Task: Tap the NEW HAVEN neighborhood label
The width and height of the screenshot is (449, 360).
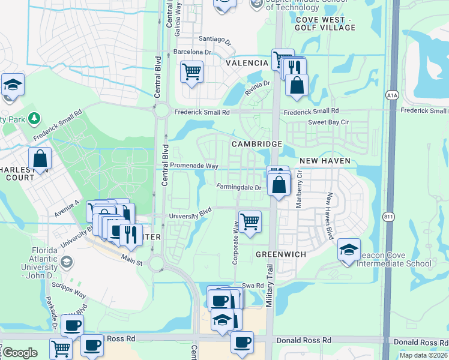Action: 324,161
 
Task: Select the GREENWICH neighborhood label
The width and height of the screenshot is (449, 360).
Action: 281,254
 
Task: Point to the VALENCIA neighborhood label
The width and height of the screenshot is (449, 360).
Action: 247,63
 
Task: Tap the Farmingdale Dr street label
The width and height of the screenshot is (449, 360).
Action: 239,187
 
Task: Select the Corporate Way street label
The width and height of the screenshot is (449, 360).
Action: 236,243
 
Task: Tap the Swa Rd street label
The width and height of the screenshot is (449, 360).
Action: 253,285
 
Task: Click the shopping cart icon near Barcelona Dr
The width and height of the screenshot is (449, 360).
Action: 191,72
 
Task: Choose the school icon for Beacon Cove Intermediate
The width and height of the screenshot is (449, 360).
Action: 349,250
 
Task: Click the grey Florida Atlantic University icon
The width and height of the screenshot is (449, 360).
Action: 66,262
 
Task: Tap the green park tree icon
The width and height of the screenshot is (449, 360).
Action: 35,118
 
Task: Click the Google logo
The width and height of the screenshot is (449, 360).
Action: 20,353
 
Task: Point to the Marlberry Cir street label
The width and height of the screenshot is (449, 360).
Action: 299,189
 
